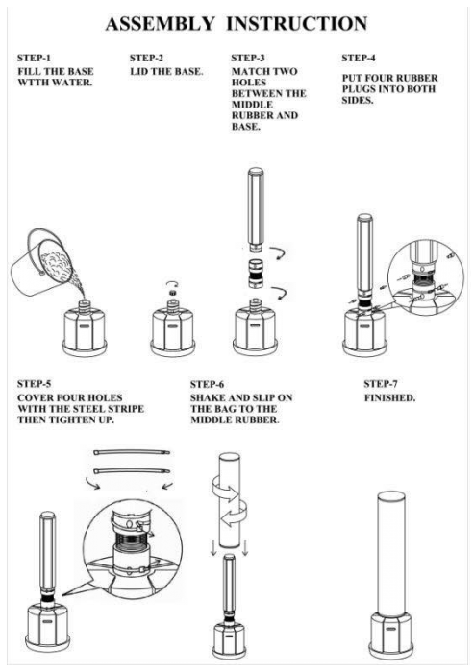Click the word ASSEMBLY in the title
click(x=160, y=24)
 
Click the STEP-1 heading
click(x=34, y=58)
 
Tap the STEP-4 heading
click(x=359, y=58)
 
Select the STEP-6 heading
click(x=207, y=384)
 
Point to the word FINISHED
click(x=390, y=398)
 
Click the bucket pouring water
click(x=41, y=261)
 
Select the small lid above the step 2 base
click(x=172, y=293)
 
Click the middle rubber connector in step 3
click(x=256, y=273)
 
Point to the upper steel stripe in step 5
click(x=132, y=452)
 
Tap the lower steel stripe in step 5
click(x=132, y=471)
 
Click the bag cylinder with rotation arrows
click(x=230, y=500)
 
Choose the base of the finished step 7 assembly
click(x=390, y=636)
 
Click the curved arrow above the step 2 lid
click(x=172, y=283)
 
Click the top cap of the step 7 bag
click(x=391, y=496)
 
